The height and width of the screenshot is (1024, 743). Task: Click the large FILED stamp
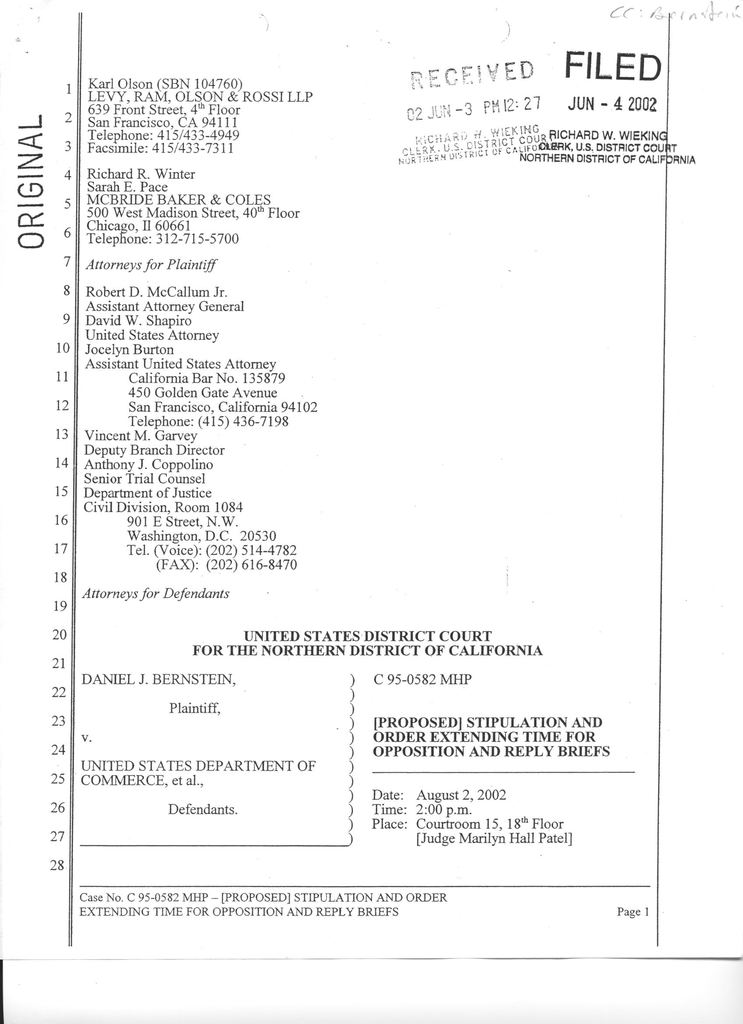point(612,68)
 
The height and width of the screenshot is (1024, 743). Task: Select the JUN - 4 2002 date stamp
point(612,104)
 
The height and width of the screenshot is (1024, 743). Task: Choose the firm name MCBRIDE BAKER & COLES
point(178,200)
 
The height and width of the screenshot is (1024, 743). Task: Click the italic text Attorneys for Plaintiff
point(151,264)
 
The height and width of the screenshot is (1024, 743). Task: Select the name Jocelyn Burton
point(130,349)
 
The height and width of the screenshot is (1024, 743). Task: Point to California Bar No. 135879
point(206,378)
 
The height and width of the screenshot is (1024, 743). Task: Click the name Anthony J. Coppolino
point(148,464)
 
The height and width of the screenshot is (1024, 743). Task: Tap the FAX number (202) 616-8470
point(251,564)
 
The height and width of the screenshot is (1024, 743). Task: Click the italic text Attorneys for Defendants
point(156,593)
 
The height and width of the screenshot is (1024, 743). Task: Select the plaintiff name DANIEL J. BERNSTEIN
point(158,679)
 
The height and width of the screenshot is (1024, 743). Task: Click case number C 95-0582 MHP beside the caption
point(422,679)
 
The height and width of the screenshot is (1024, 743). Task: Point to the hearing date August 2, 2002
point(461,795)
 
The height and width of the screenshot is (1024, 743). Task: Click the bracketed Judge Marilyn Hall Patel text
point(494,838)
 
